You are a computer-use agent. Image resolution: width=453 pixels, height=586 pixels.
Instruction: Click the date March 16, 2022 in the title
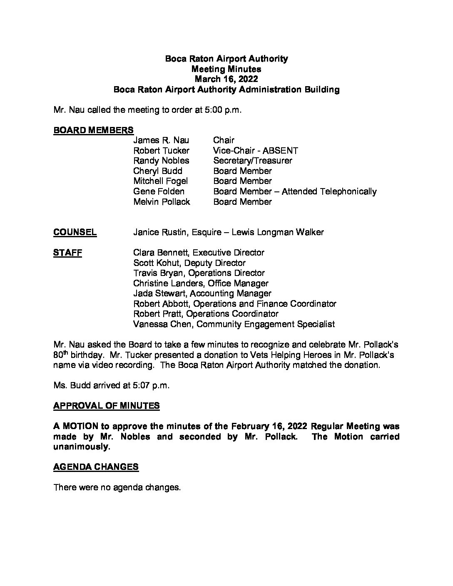coord(226,79)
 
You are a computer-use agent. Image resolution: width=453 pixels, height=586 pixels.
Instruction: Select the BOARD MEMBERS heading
coord(93,130)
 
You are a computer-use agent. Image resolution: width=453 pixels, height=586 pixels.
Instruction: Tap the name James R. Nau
coord(161,141)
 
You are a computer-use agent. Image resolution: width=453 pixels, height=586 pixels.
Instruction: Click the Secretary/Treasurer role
coord(252,161)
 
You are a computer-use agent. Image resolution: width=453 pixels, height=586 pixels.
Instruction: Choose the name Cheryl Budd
coord(157,171)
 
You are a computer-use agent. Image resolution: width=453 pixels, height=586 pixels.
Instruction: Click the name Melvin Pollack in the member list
coord(162,202)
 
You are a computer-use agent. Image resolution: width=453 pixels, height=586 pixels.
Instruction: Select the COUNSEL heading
coord(75,232)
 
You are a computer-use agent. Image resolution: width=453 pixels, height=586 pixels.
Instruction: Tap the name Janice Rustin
coord(160,232)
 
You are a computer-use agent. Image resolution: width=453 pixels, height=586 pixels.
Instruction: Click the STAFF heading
coord(67,253)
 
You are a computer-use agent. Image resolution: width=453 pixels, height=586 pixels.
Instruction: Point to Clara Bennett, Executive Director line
coord(199,253)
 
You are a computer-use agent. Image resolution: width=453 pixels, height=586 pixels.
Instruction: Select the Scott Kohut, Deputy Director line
coord(189,263)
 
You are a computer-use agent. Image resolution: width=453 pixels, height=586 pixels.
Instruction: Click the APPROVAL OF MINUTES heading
coord(106,406)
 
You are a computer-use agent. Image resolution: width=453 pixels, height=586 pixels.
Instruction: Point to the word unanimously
coord(81,447)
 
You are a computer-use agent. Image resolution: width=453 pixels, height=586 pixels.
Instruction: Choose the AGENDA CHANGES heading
coord(96,467)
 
